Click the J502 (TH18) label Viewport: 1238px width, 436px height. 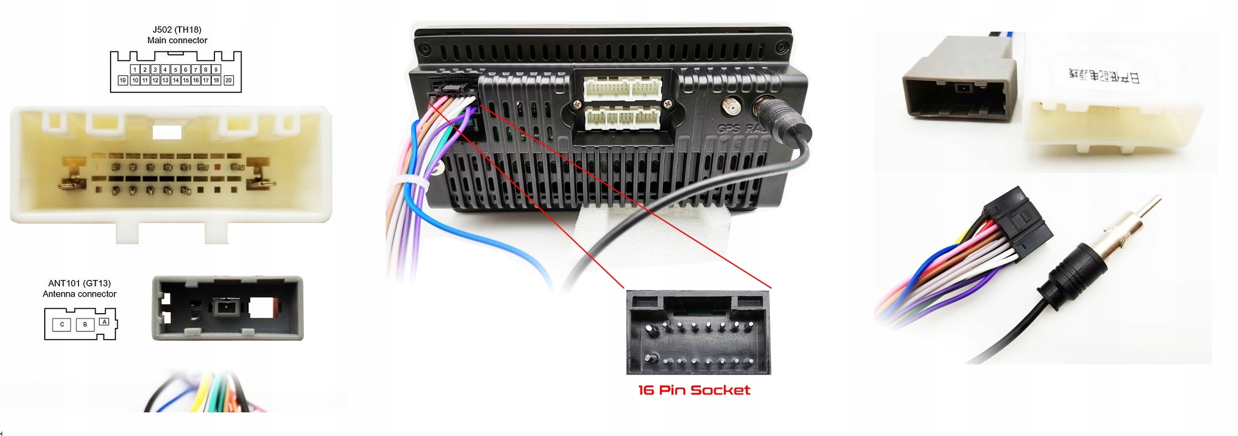177,30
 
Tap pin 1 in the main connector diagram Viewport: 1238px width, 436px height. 135,70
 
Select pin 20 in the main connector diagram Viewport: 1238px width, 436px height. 229,80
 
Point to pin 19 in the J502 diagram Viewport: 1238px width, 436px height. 123,80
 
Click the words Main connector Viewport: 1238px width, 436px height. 177,40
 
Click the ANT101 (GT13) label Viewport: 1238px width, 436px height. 80,283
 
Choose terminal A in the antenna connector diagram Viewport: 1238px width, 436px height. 104,321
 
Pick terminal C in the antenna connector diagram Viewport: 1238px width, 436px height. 62,324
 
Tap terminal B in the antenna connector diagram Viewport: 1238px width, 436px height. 85,324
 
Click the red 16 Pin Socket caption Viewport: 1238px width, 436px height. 694,390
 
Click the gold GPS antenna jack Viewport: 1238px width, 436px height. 733,106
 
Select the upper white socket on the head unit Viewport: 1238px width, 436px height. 622,89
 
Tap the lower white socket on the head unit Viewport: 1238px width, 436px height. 622,118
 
